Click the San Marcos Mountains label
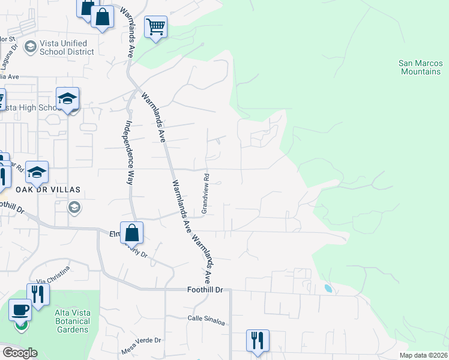pyautogui.click(x=420, y=67)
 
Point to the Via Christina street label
pyautogui.click(x=53, y=275)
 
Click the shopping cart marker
pyautogui.click(x=155, y=26)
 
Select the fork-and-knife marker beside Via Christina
pyautogui.click(x=38, y=294)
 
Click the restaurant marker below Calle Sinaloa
pyautogui.click(x=258, y=340)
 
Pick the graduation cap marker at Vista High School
pyautogui.click(x=68, y=98)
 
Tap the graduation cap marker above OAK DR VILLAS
pyautogui.click(x=37, y=172)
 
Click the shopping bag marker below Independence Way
pyautogui.click(x=132, y=232)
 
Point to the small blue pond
pyautogui.click(x=328, y=289)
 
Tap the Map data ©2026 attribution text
pyautogui.click(x=423, y=355)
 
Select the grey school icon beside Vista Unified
pyautogui.click(x=29, y=46)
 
